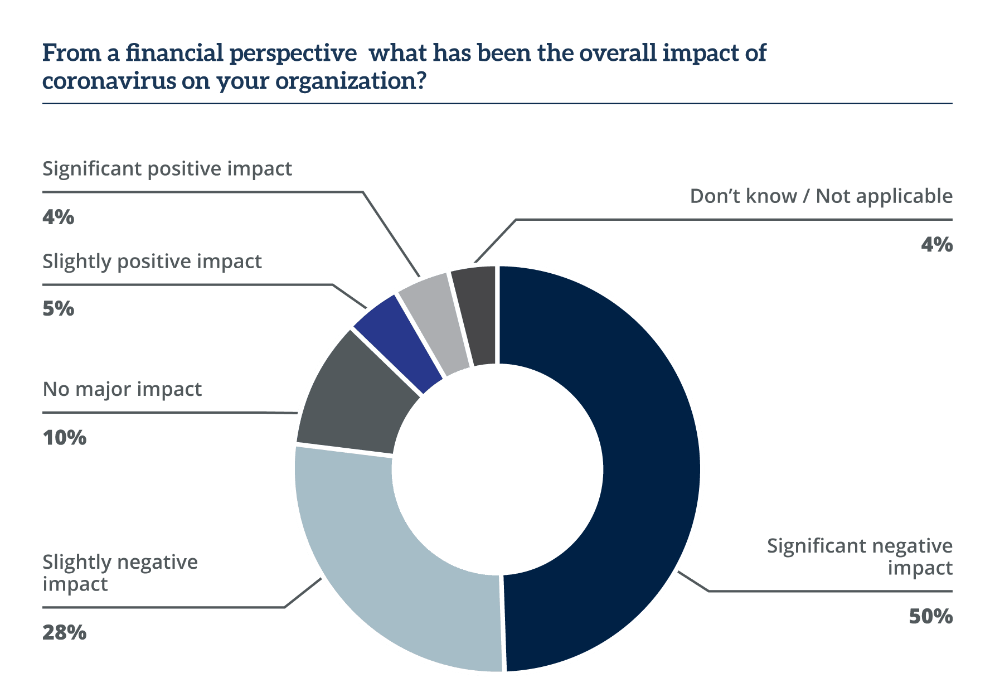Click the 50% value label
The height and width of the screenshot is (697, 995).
[x=930, y=616]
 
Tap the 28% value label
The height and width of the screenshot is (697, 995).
[x=64, y=632]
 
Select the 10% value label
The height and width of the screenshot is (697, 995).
[x=64, y=437]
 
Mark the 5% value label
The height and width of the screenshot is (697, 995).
[x=58, y=308]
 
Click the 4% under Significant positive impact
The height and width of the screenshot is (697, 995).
[x=58, y=216]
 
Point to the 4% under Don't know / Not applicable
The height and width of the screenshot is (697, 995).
[x=936, y=244]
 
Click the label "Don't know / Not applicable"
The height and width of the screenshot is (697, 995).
[x=821, y=196]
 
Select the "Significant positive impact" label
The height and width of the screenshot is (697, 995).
[x=167, y=168]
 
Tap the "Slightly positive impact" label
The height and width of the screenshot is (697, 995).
[x=152, y=261]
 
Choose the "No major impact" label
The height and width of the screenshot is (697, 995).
[x=122, y=389]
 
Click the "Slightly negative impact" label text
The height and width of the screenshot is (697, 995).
[x=120, y=573]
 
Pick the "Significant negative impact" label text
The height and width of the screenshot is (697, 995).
[x=860, y=556]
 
